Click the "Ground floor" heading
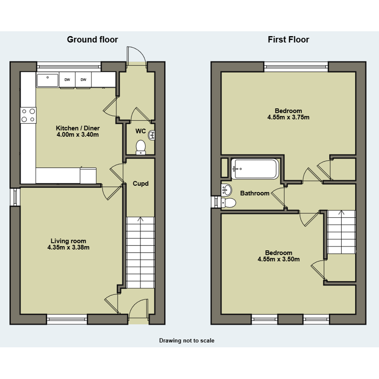[92, 39]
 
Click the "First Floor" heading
[288, 39]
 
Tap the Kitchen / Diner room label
[78, 128]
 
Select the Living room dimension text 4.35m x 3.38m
[69, 247]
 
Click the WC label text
[141, 131]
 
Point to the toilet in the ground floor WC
[141, 147]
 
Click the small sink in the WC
[151, 135]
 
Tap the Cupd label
[141, 184]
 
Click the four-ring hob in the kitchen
[28, 115]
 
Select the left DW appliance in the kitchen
[67, 80]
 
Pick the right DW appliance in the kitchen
[83, 80]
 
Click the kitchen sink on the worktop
[48, 80]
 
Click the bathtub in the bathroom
[255, 169]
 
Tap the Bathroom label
[255, 193]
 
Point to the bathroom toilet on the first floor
[229, 203]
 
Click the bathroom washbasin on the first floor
[227, 190]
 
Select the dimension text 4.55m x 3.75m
[288, 117]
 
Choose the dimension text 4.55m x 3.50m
[279, 259]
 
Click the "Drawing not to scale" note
[186, 340]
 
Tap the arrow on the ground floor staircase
[140, 219]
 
